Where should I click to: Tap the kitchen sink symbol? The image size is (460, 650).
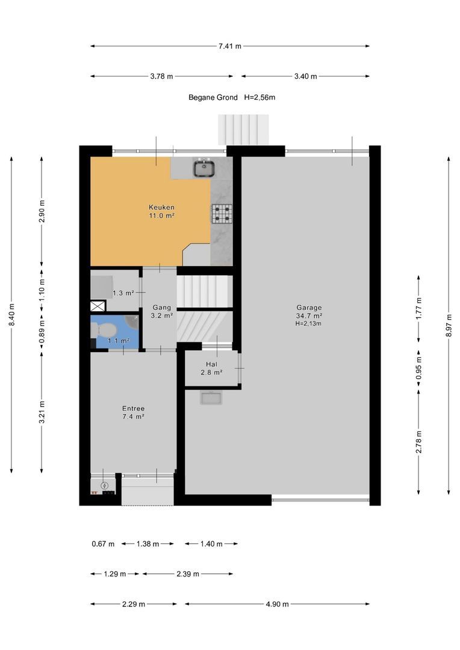[x=204, y=169]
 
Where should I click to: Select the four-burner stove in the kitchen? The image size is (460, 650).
[x=222, y=214]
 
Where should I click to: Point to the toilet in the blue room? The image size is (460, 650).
[x=104, y=330]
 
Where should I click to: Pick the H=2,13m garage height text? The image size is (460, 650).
[x=308, y=323]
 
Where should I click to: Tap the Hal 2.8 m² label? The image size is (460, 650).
[x=211, y=368]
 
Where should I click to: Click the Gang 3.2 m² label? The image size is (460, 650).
[x=162, y=311]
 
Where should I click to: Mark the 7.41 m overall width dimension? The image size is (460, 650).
[x=230, y=46]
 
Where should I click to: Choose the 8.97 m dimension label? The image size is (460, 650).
[x=449, y=326]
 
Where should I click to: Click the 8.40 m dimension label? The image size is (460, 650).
[x=11, y=315]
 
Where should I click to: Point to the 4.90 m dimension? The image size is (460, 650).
[x=277, y=604]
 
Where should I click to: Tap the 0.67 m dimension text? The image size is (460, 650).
[x=103, y=543]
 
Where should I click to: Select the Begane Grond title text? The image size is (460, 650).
[x=213, y=97]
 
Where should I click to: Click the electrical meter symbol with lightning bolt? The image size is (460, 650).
[x=105, y=485]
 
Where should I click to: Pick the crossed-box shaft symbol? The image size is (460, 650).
[x=98, y=306]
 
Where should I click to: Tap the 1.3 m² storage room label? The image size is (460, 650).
[x=123, y=293]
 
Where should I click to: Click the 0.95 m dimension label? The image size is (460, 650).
[x=418, y=368]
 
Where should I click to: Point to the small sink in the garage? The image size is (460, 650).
[x=211, y=398]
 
